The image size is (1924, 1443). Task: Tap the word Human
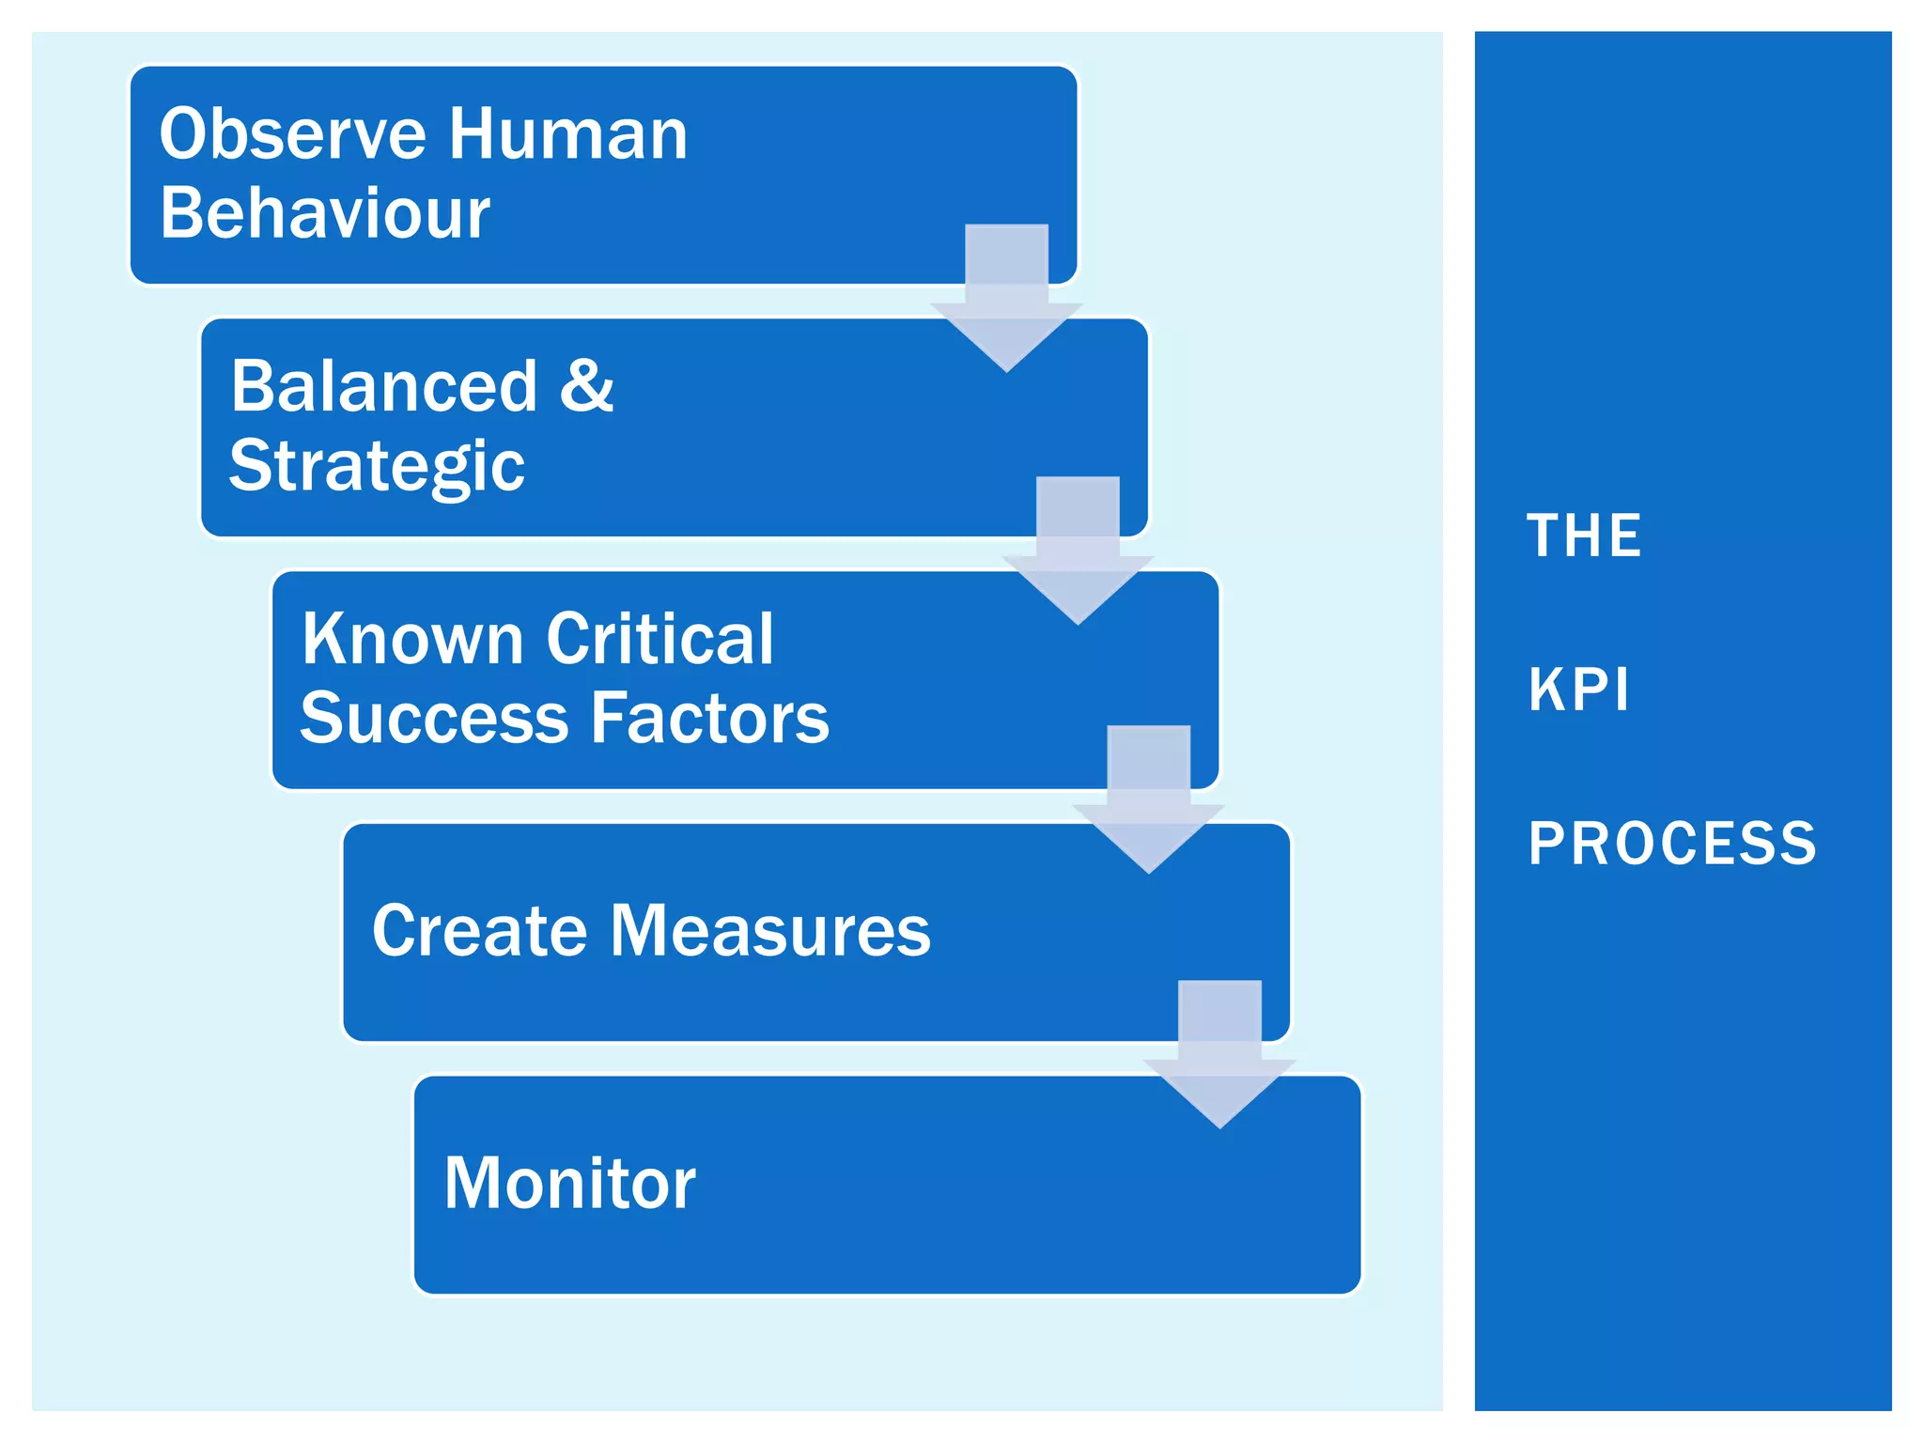click(x=567, y=134)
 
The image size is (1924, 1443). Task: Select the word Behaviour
click(x=324, y=213)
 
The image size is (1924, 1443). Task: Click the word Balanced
click(x=383, y=386)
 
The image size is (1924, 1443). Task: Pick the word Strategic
click(x=377, y=467)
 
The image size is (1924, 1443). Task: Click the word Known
click(x=411, y=639)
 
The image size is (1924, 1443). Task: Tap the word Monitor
click(x=569, y=1184)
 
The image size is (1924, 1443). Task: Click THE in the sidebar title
click(x=1584, y=536)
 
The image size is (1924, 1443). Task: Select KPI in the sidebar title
click(x=1578, y=690)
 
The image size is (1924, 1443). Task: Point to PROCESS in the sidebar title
click(x=1672, y=844)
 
